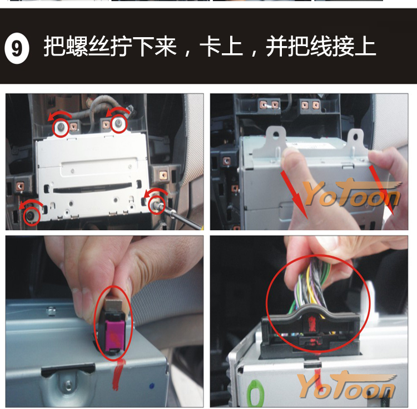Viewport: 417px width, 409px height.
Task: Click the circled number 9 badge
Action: (17, 48)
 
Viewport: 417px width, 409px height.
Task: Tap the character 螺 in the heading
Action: (77, 46)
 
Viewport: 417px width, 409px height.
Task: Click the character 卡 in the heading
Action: (210, 46)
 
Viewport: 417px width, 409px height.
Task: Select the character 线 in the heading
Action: (321, 46)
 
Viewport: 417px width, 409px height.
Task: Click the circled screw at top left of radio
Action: (61, 127)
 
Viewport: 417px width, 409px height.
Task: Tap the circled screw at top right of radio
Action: (118, 123)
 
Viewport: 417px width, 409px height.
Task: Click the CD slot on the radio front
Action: (92, 188)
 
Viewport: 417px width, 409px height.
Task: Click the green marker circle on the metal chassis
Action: (255, 393)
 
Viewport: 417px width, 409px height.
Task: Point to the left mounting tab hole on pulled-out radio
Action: (276, 135)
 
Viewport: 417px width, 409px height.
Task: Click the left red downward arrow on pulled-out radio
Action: (294, 195)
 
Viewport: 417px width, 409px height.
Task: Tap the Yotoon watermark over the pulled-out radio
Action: (351, 193)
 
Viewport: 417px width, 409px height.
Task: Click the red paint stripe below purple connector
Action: (117, 375)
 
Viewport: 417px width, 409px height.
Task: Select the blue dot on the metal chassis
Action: (152, 385)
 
